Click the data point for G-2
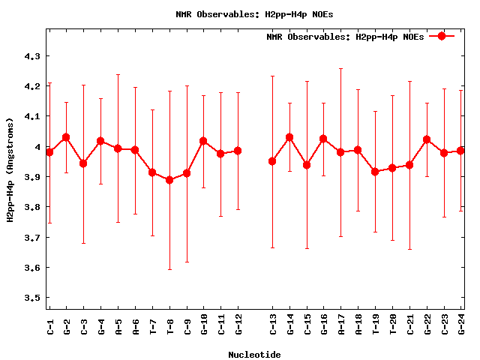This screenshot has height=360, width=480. tap(66, 137)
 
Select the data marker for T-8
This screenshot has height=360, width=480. tap(169, 180)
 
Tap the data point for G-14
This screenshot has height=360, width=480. tap(289, 137)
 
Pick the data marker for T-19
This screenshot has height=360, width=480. tap(375, 172)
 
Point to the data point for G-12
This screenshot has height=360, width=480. tap(238, 151)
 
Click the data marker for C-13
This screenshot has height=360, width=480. tap(272, 161)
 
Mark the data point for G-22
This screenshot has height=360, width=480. tap(427, 139)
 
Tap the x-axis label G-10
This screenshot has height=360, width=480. tap(203, 328)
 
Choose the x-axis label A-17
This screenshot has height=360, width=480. tap(341, 328)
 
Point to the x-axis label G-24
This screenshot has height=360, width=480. tap(461, 328)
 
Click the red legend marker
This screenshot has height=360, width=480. tap(442, 36)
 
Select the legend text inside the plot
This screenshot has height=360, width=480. tap(345, 37)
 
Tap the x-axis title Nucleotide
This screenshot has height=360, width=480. tap(255, 355)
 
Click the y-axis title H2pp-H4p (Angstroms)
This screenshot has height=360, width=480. tap(10, 170)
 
